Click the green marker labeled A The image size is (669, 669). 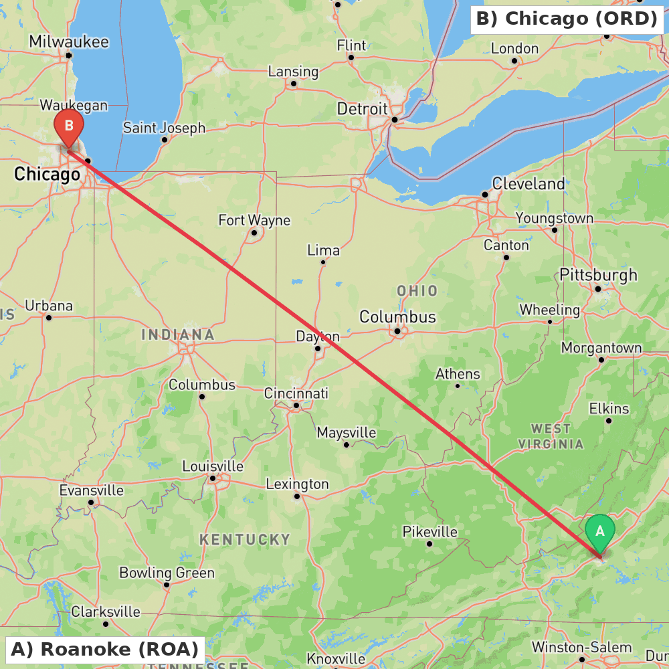click(x=599, y=531)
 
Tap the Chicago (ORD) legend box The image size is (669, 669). click(x=566, y=19)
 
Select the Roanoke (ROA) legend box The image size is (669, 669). click(x=105, y=649)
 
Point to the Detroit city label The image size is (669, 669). click(x=362, y=108)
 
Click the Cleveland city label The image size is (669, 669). click(x=528, y=183)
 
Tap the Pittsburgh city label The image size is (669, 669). click(x=598, y=275)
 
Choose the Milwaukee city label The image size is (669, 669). click(x=68, y=41)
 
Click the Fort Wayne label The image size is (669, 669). click(x=254, y=220)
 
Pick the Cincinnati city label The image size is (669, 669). click(x=296, y=393)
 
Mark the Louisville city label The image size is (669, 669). click(x=213, y=466)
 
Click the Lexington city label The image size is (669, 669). click(x=297, y=484)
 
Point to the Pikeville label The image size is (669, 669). click(x=429, y=532)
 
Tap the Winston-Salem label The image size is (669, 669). click(x=581, y=647)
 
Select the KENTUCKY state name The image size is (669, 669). click(x=245, y=539)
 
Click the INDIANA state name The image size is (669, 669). click(x=178, y=334)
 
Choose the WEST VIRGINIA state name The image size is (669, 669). click(x=551, y=436)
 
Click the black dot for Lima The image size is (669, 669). click(x=322, y=262)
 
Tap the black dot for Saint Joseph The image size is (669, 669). click(x=165, y=140)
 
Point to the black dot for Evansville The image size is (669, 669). click(x=91, y=502)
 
